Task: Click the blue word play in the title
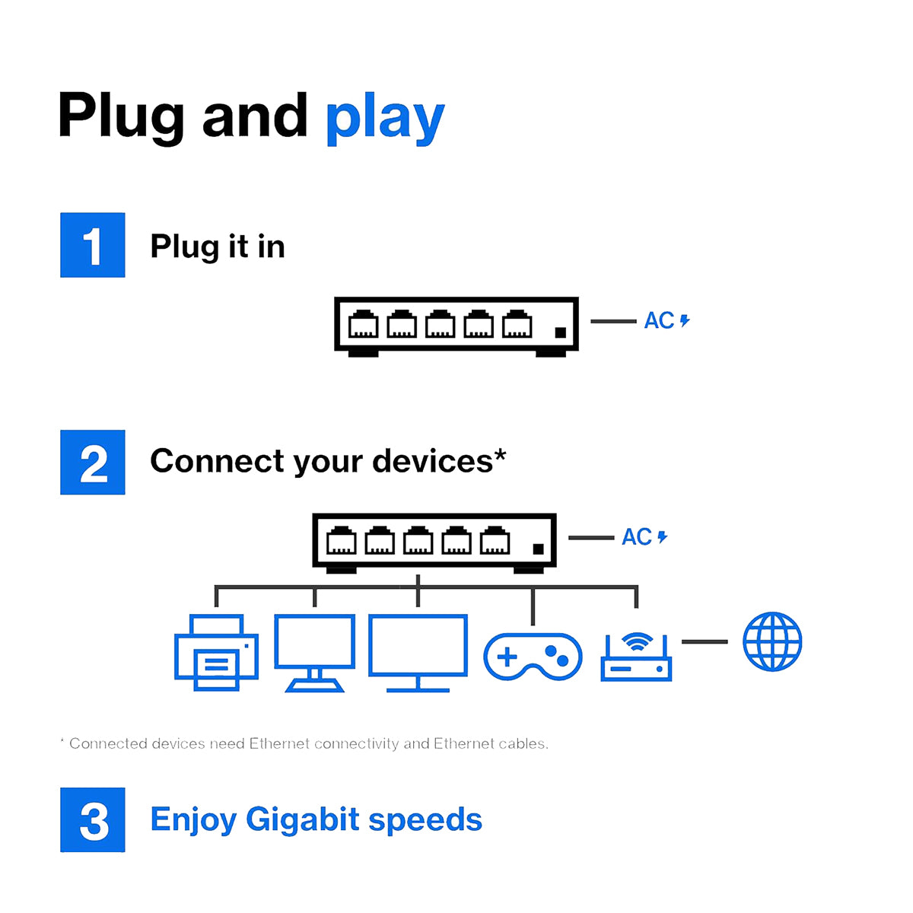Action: (x=384, y=119)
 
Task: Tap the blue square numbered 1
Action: (x=93, y=245)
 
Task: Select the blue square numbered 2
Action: (x=93, y=463)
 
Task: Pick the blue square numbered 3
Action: (x=93, y=820)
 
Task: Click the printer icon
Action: (x=216, y=653)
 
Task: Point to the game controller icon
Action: (x=533, y=656)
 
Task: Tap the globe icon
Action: (x=772, y=641)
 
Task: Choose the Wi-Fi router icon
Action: (x=636, y=657)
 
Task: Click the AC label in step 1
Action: (x=660, y=320)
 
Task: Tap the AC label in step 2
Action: (x=638, y=537)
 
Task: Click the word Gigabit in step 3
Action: (x=303, y=819)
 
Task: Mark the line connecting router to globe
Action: (x=705, y=641)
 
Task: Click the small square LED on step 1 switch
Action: (x=561, y=332)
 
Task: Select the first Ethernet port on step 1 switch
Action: (x=363, y=325)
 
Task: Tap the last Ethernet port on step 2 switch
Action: (x=495, y=541)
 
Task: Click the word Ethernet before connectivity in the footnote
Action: (x=278, y=743)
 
